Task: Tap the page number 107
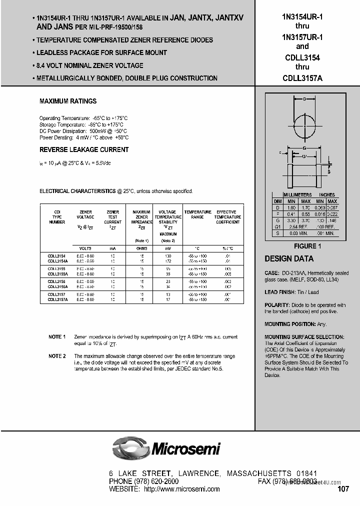tap(343, 489)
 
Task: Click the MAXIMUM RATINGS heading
tap(68, 101)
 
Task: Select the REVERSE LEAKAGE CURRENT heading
tap(84, 149)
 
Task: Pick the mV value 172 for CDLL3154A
tap(168, 260)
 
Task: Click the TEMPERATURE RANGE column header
tap(197, 214)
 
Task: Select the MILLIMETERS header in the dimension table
tap(297, 194)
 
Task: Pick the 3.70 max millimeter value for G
tap(305, 219)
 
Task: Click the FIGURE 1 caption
tap(304, 246)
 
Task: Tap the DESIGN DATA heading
tap(289, 259)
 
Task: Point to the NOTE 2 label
tap(57, 356)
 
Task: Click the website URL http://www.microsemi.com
tap(182, 489)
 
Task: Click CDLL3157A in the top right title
tap(301, 77)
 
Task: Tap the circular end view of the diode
tap(304, 123)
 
